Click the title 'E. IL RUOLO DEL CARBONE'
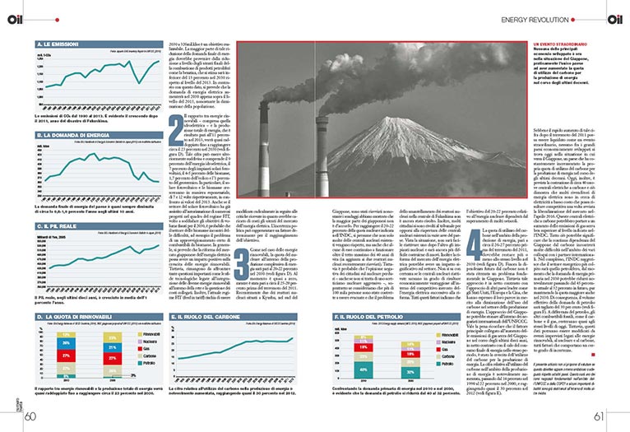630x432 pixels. tap(196, 314)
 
